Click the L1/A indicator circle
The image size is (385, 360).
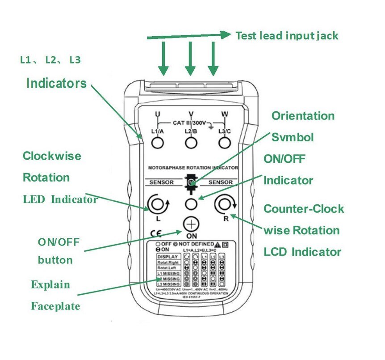(x=157, y=143)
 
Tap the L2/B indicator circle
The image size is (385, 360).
(x=191, y=143)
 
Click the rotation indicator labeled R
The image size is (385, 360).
(x=223, y=205)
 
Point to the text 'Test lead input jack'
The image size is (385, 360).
(x=287, y=35)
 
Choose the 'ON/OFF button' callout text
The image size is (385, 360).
(x=58, y=251)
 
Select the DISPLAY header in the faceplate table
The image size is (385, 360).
(x=168, y=257)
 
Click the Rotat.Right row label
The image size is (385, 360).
(x=168, y=263)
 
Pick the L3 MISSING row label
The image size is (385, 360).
(x=168, y=284)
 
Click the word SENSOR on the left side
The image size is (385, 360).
(x=161, y=182)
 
